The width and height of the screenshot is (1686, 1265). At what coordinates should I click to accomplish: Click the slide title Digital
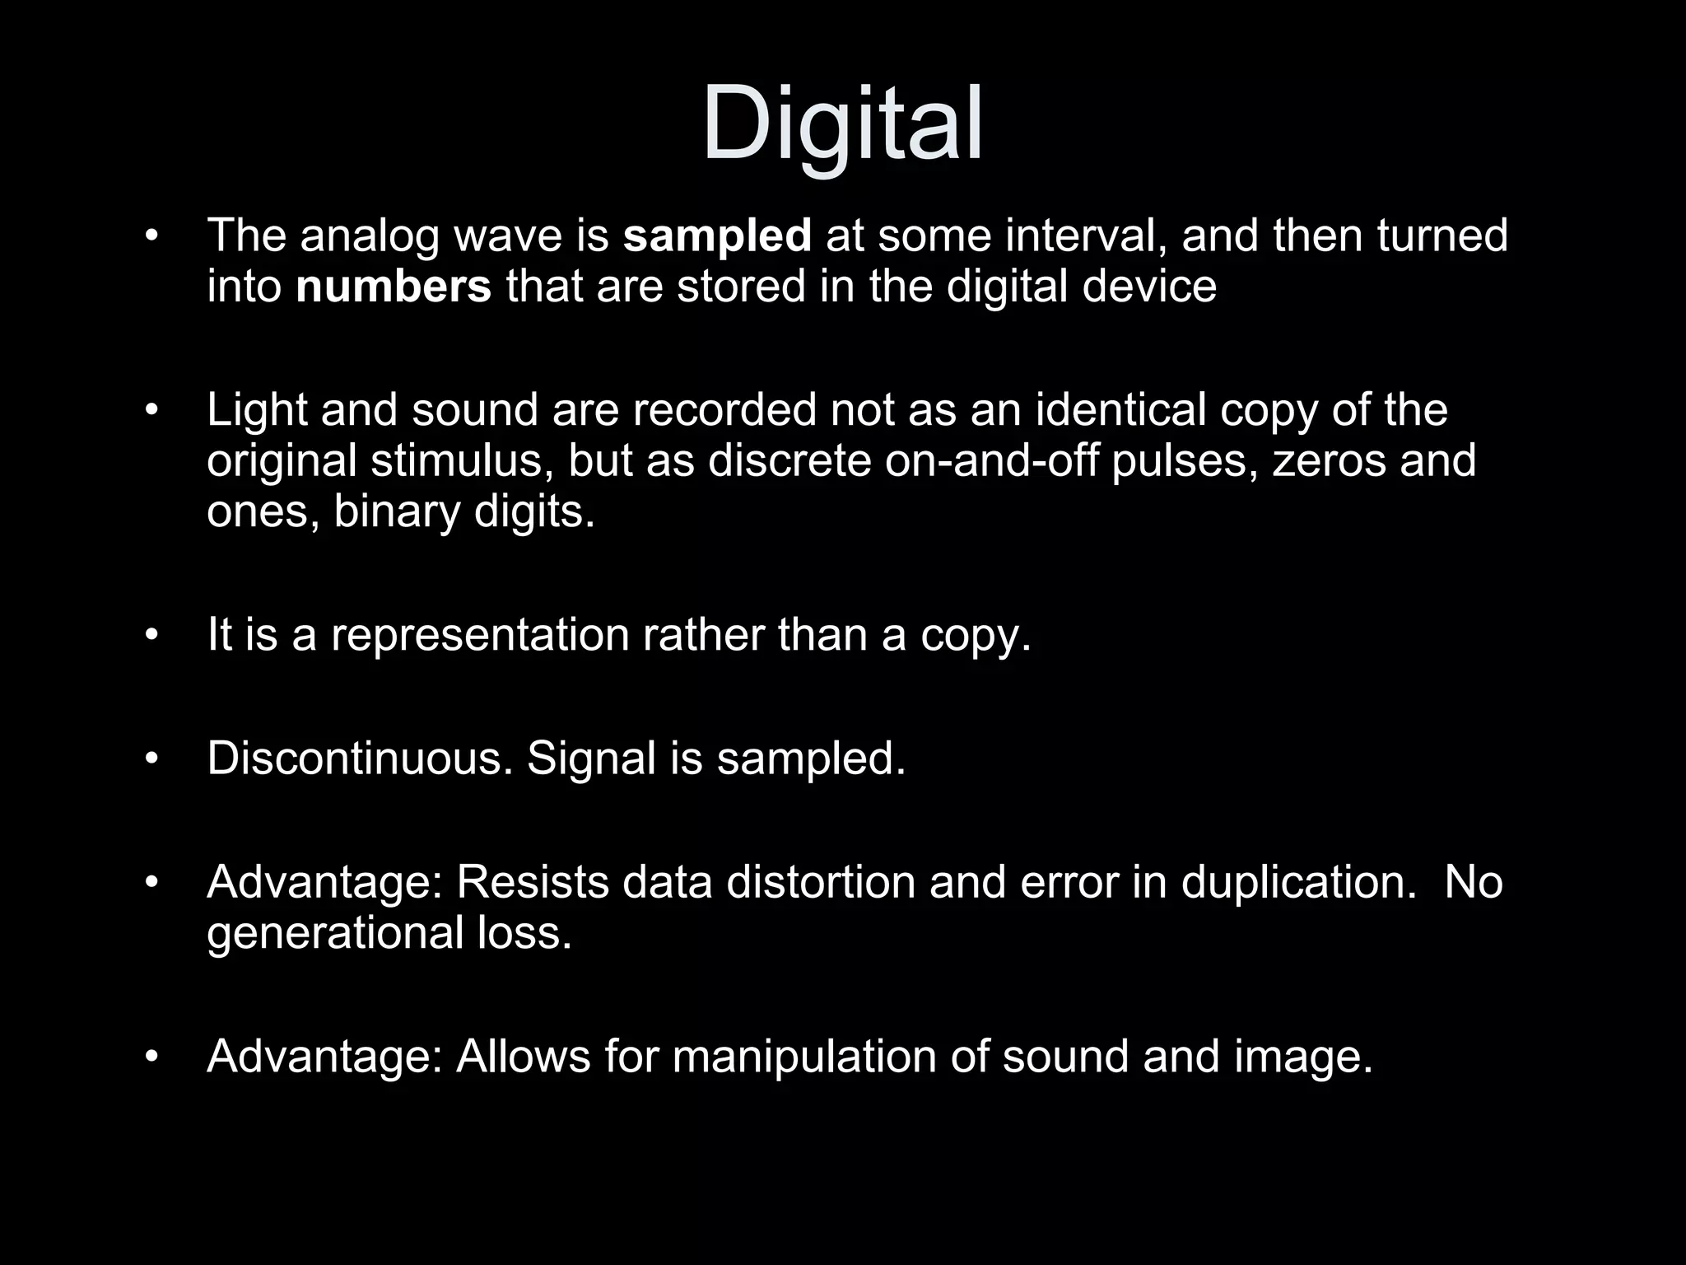click(x=842, y=125)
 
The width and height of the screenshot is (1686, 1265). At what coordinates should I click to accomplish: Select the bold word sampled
click(x=717, y=236)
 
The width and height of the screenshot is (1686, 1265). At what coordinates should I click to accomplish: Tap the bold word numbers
click(x=393, y=287)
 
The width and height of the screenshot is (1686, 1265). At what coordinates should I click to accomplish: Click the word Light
click(x=257, y=410)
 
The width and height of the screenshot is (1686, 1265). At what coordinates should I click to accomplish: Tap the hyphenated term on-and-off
click(x=991, y=461)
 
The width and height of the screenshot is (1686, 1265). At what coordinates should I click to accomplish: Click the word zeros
click(x=1329, y=461)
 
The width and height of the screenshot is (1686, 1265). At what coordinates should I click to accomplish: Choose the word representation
click(x=479, y=636)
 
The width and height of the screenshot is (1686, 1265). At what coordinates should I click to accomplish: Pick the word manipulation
click(x=804, y=1057)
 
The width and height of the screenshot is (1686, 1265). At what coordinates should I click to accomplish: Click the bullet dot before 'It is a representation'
click(x=150, y=636)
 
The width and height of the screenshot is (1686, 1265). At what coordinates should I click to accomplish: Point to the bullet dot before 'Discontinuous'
click(x=150, y=759)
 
